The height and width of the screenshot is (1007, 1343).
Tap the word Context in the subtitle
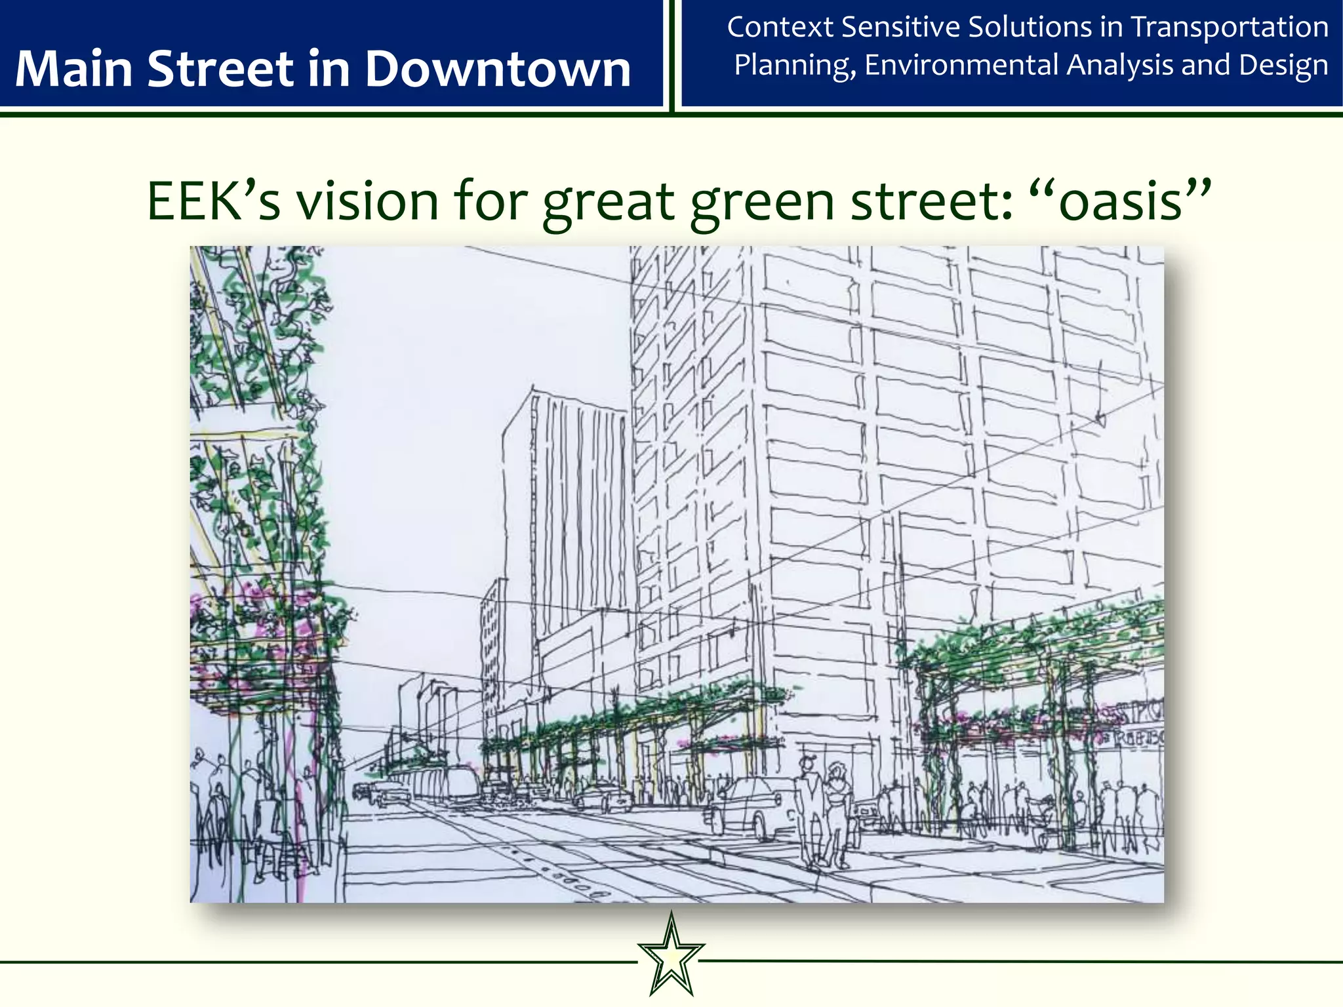(x=780, y=28)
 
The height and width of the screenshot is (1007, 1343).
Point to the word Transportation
(x=1230, y=28)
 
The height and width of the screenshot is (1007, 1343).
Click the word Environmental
(x=961, y=66)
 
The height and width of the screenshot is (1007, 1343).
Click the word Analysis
(x=1119, y=66)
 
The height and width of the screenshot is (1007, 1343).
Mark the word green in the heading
(x=763, y=201)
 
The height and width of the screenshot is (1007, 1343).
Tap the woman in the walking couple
(x=837, y=810)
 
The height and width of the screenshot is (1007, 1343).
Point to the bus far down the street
(x=459, y=783)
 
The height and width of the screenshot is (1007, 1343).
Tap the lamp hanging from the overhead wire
(x=1100, y=418)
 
